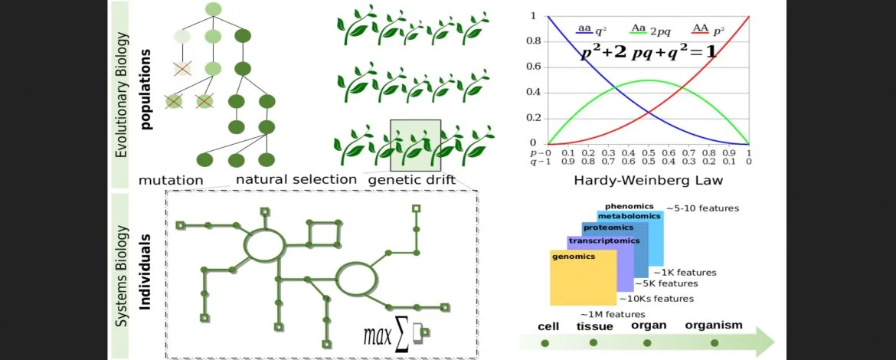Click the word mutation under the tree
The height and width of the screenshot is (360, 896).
click(x=171, y=180)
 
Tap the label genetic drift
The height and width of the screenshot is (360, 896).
click(x=411, y=180)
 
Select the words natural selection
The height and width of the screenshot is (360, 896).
click(x=296, y=179)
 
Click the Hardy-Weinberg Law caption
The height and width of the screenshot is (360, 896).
click(x=647, y=182)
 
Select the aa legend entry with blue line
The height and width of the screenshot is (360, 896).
click(x=590, y=29)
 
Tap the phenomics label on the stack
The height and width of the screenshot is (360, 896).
click(x=629, y=206)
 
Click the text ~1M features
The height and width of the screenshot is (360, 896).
click(x=613, y=314)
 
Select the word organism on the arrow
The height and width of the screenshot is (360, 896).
click(x=714, y=325)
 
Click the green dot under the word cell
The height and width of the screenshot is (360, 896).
click(x=545, y=342)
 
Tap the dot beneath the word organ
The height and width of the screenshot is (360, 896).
click(x=647, y=342)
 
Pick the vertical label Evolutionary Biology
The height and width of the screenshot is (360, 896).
click(x=121, y=95)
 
